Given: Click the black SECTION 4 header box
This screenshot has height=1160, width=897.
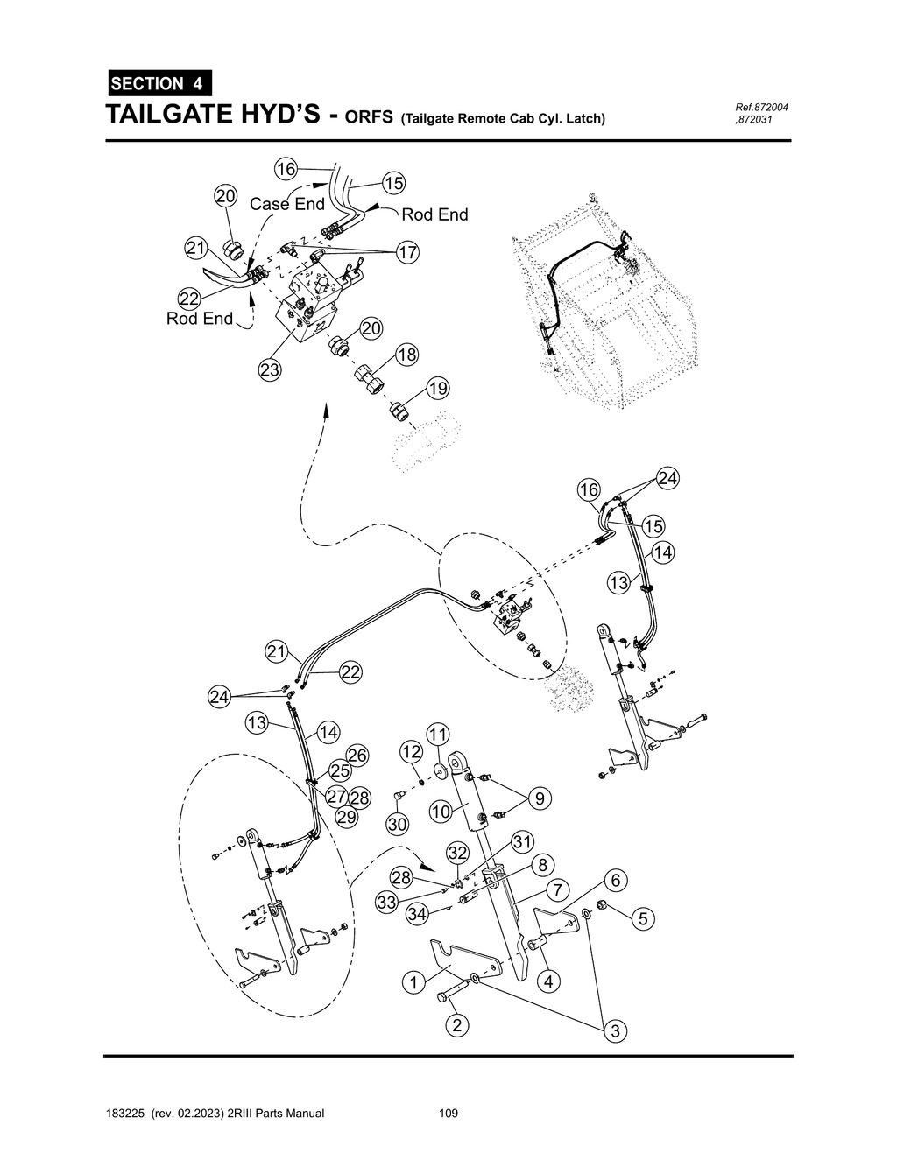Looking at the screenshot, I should [x=159, y=84].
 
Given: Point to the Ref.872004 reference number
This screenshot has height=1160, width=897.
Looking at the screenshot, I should [x=761, y=107].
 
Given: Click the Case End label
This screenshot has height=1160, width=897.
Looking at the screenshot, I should [x=286, y=204].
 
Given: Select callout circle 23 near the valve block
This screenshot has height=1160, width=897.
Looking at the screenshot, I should [x=269, y=370].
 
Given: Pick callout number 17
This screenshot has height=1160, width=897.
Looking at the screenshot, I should [x=406, y=253].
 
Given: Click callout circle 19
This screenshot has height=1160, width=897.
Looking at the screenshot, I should [x=437, y=389].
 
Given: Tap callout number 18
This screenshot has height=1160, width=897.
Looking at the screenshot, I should [x=406, y=355].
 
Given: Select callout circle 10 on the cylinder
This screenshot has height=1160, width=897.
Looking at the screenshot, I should [x=441, y=812].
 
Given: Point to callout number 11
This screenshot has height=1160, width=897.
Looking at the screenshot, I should [x=437, y=733].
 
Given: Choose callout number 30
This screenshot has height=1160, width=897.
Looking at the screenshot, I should [x=398, y=825].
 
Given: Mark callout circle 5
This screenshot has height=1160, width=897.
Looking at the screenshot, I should [x=643, y=918].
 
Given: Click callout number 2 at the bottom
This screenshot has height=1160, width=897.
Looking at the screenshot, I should [x=455, y=1025].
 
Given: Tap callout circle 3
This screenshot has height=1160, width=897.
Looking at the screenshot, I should [x=616, y=1031].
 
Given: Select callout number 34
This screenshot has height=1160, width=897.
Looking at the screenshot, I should [x=418, y=914].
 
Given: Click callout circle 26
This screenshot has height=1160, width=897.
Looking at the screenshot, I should [x=357, y=755].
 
